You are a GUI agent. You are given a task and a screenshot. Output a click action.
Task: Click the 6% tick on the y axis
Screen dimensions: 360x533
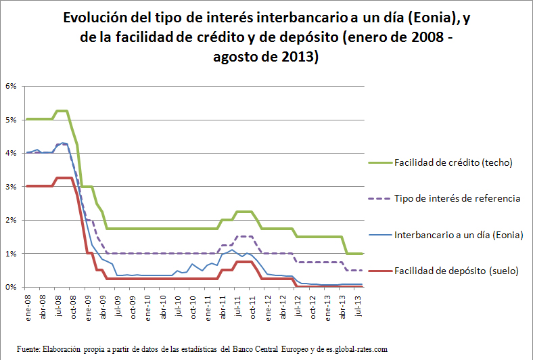[11, 86]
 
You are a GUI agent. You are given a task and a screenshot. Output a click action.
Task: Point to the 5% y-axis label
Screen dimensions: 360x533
[11, 120]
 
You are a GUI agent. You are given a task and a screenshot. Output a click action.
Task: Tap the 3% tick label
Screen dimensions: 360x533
[11, 187]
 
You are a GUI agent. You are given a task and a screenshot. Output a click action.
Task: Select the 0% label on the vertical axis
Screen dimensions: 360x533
[11, 287]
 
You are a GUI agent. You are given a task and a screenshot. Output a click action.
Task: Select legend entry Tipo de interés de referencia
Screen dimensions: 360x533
[457, 199]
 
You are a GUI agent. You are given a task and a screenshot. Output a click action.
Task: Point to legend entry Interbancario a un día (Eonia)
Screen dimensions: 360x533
[459, 235]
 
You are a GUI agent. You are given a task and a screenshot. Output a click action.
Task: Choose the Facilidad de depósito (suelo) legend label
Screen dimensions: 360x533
[456, 271]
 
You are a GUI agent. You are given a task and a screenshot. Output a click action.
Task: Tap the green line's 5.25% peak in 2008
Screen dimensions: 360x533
[62, 111]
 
